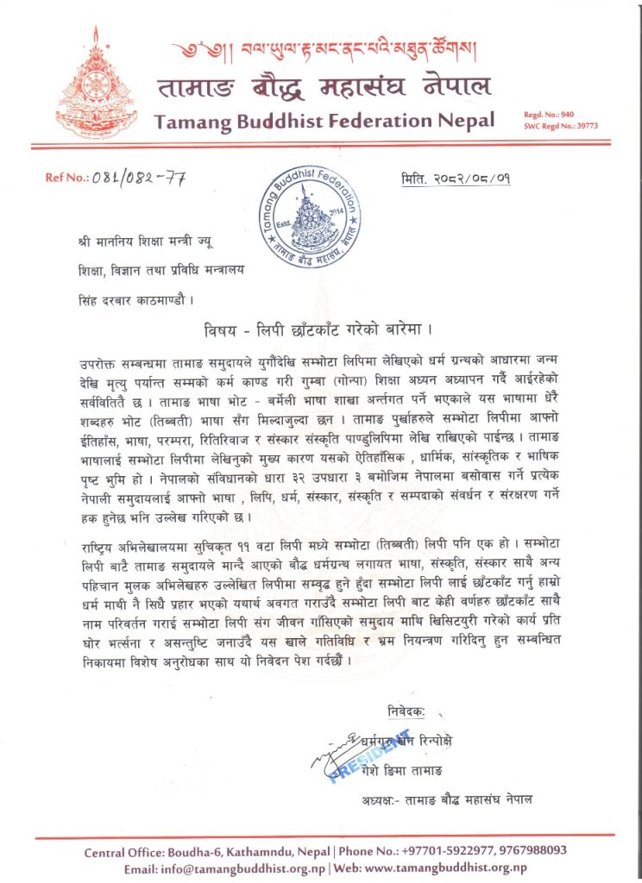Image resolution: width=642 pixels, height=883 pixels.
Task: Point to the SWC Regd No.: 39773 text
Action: pos(560,125)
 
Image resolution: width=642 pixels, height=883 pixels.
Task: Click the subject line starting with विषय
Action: pos(321,329)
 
